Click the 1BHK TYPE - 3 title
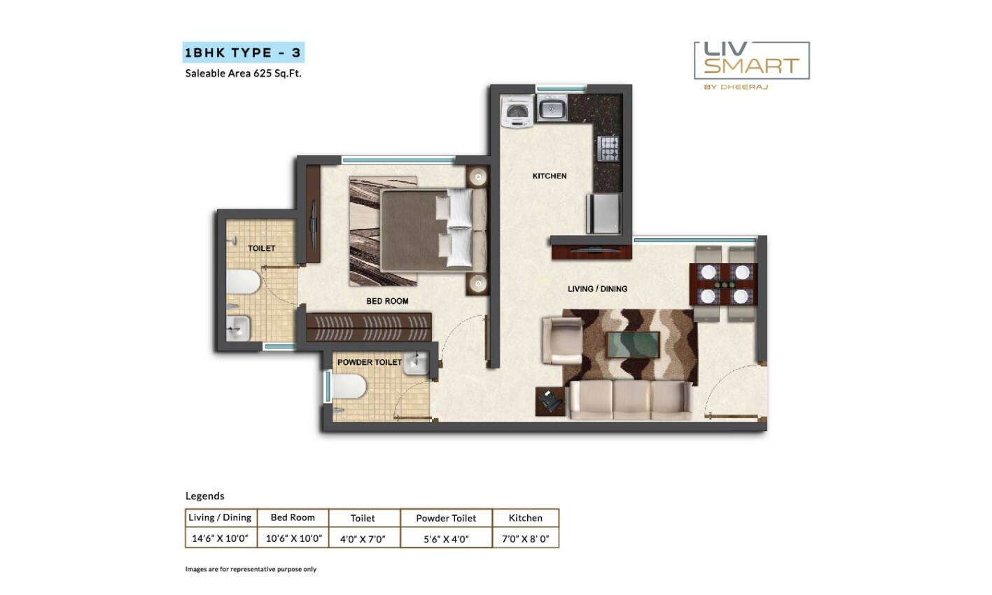click(243, 53)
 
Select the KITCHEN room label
click(550, 176)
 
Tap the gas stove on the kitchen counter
click(608, 148)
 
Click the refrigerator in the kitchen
click(603, 213)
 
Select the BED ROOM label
click(387, 301)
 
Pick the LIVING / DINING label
click(597, 288)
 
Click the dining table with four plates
click(723, 283)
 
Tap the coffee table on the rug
click(632, 345)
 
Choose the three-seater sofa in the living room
click(630, 400)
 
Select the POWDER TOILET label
click(369, 362)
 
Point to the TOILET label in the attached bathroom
click(261, 248)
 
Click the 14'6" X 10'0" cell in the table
click(221, 538)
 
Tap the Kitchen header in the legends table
click(525, 518)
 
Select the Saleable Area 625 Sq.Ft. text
click(243, 73)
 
